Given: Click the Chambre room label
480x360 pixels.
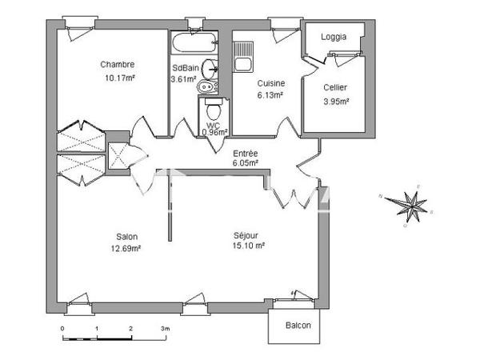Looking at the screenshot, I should pyautogui.click(x=117, y=65).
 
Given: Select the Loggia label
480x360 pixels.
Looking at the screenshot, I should pyautogui.click(x=334, y=38).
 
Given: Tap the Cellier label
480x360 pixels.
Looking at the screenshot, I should pyautogui.click(x=335, y=87).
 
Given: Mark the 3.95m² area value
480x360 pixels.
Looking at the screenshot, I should pyautogui.click(x=335, y=101).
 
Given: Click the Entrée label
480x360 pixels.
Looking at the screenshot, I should pyautogui.click(x=245, y=153).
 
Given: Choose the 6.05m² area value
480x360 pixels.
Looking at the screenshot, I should pyautogui.click(x=245, y=163).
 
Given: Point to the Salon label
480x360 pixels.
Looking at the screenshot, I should pyautogui.click(x=127, y=236).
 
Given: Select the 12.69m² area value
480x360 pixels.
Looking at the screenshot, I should pyautogui.click(x=127, y=248).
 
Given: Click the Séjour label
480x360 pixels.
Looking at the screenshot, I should pyautogui.click(x=247, y=235).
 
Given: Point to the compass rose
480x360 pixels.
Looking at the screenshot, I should pyautogui.click(x=413, y=206).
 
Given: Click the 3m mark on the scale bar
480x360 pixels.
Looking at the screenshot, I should pyautogui.click(x=164, y=329).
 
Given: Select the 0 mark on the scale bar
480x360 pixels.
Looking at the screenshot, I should pyautogui.click(x=62, y=329).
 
